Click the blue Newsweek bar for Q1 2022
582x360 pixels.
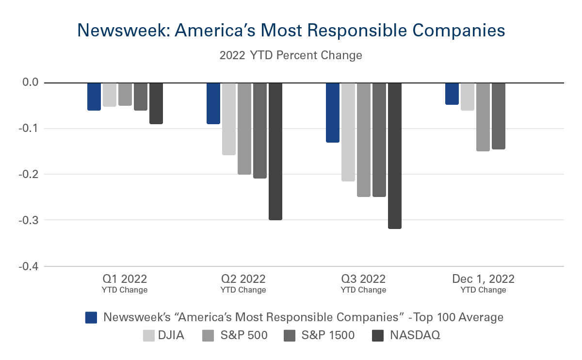tap(94, 97)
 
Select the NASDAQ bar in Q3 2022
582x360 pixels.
tap(395, 155)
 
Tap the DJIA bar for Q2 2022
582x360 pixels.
tap(229, 119)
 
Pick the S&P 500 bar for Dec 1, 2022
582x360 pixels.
tap(483, 117)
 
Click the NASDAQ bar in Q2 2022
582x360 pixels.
tap(275, 151)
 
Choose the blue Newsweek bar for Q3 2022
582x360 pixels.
tap(333, 113)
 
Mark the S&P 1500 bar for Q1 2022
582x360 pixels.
tap(141, 97)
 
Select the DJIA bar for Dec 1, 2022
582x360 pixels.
tap(468, 97)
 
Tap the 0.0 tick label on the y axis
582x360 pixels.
tap(30, 83)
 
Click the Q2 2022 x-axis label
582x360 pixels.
tap(243, 279)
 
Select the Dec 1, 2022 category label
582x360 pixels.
tap(483, 279)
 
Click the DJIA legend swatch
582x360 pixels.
tap(149, 335)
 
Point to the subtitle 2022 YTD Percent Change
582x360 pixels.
tap(291, 55)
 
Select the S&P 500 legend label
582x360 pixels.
tap(242, 335)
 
